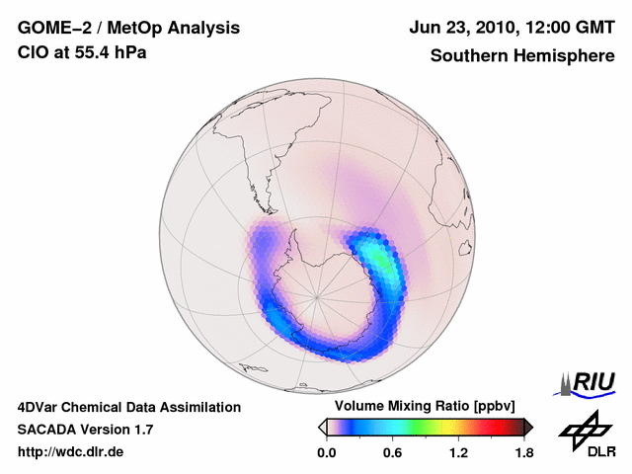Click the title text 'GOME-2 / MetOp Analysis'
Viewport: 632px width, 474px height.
[x=128, y=28]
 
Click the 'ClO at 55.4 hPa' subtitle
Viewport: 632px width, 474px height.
[x=82, y=53]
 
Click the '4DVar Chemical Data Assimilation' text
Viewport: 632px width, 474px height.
[x=129, y=407]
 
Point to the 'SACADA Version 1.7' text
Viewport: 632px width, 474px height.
[x=85, y=430]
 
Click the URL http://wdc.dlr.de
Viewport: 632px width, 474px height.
[x=71, y=452]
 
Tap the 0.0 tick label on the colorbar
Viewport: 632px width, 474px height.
[x=327, y=452]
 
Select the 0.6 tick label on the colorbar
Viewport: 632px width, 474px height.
[x=393, y=452]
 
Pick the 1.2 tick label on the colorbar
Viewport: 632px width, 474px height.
[x=458, y=452]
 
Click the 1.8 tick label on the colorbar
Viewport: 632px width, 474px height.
[x=523, y=452]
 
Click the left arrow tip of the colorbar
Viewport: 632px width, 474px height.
[x=321, y=427]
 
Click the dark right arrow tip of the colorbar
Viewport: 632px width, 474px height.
[x=528, y=427]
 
